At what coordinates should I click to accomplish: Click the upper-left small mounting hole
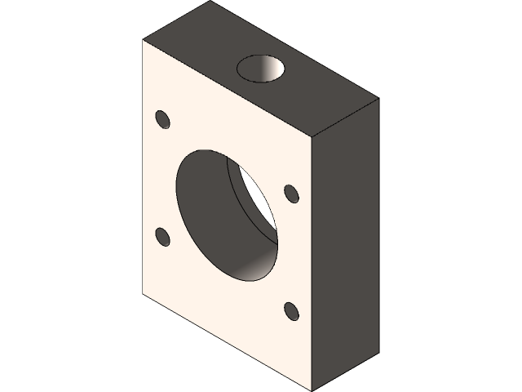(x=162, y=119)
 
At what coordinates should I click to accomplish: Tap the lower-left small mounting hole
(x=162, y=238)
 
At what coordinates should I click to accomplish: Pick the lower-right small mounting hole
(x=291, y=311)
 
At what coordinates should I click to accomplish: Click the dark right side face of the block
(x=347, y=237)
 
